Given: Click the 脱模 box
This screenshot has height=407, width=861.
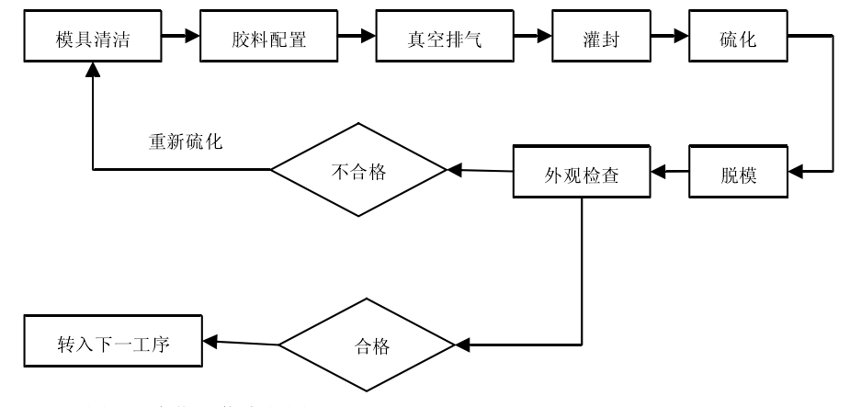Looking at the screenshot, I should (x=739, y=172).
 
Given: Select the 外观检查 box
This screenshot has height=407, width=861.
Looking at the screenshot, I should (x=581, y=172).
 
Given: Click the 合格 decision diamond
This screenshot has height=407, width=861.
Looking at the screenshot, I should (x=367, y=346).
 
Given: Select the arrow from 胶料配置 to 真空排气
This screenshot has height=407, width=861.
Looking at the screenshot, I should (x=357, y=38).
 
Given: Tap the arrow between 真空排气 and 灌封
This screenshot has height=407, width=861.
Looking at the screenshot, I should (x=533, y=38).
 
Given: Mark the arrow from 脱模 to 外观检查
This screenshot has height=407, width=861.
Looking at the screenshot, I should (x=670, y=171).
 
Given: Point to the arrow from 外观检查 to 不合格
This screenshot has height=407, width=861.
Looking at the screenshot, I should (x=479, y=170).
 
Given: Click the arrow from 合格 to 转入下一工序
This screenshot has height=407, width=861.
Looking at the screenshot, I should (x=241, y=344).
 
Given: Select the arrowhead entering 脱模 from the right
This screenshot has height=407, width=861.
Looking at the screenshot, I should (x=797, y=171).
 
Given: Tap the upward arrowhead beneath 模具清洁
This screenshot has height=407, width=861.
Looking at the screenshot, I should (x=93, y=69).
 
